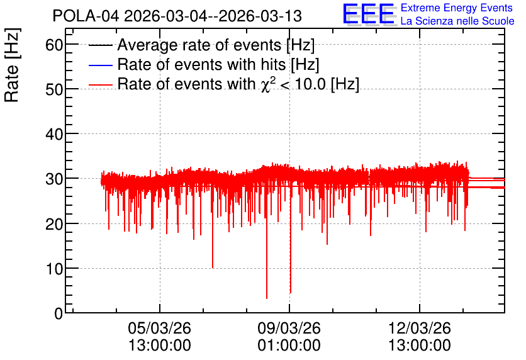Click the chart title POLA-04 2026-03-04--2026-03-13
(x=177, y=16)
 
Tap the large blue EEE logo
(x=369, y=14)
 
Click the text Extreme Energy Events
(x=457, y=8)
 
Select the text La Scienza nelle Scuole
(x=457, y=21)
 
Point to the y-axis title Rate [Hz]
(x=12, y=65)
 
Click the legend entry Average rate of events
(x=216, y=45)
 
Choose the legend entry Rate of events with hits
(x=218, y=64)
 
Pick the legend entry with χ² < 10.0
(x=238, y=84)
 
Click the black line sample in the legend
(x=100, y=45)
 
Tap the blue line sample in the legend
(x=100, y=65)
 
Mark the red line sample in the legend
(x=100, y=84)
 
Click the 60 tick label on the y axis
(x=54, y=44)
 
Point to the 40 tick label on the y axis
(x=54, y=134)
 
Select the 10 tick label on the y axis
(x=54, y=269)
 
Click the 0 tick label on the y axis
(x=59, y=313)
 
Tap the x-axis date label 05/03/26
(x=159, y=328)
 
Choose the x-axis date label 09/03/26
(x=289, y=328)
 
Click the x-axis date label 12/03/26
(x=419, y=328)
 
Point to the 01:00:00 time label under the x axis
(x=289, y=346)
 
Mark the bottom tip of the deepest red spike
(x=267, y=298)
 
